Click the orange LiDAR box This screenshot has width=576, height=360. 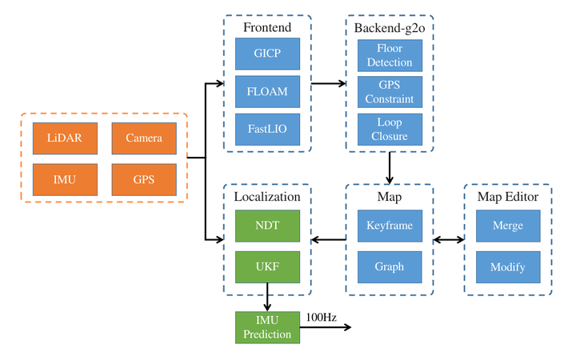[x=65, y=138]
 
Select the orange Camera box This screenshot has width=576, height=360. [x=144, y=138]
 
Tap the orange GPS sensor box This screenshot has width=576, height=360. [x=144, y=180]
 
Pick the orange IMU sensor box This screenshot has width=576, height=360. [x=65, y=180]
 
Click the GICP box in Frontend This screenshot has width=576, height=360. [x=267, y=54]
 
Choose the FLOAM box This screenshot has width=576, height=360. [x=267, y=91]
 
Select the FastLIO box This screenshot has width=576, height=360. [x=267, y=130]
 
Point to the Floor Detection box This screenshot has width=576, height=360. [x=390, y=55]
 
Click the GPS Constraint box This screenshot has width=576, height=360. [x=390, y=92]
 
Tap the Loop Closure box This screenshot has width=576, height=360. [x=390, y=130]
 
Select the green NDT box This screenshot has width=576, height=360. [x=267, y=226]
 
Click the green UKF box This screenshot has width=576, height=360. [x=267, y=267]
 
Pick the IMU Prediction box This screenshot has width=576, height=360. [x=267, y=327]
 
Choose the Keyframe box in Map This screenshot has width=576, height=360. [x=390, y=226]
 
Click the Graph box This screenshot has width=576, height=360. [x=390, y=267]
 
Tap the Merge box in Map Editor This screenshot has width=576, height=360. [x=508, y=226]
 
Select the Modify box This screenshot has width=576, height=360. [x=508, y=267]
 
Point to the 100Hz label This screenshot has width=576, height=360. [x=322, y=318]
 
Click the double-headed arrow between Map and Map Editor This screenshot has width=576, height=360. [x=449, y=240]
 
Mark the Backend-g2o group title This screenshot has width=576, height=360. [x=390, y=28]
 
